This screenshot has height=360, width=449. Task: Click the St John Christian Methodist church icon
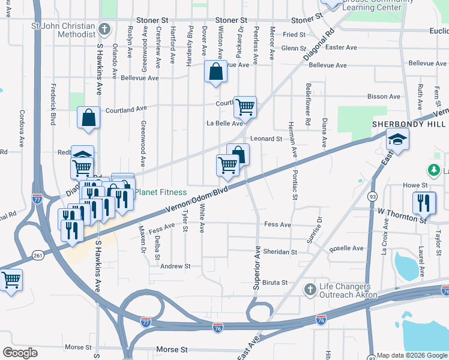(x=104, y=28)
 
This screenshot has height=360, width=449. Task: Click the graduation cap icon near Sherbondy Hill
(x=396, y=141)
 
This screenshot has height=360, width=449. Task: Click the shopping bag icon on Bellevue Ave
(x=215, y=72)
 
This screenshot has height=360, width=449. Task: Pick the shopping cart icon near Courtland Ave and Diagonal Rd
(x=245, y=107)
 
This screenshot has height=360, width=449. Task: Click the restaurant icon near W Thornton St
(x=424, y=202)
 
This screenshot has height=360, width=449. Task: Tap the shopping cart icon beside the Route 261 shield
(x=11, y=279)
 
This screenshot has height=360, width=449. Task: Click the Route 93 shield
(x=373, y=196)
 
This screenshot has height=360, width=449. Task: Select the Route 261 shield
(x=38, y=256)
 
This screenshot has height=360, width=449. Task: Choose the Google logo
(x=20, y=353)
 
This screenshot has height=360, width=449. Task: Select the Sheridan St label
(x=281, y=252)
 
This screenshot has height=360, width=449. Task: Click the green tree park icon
(x=433, y=171)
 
